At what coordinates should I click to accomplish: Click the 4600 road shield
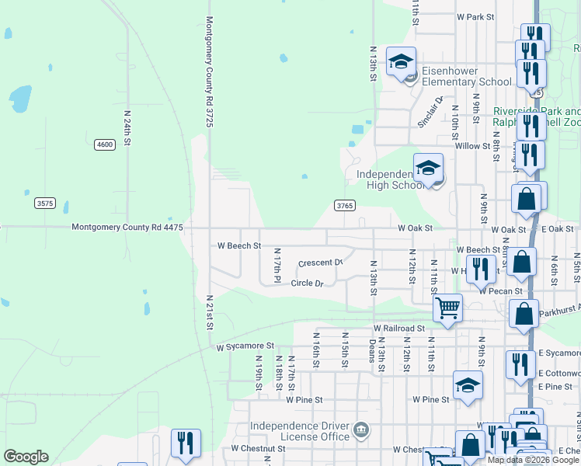(x=105, y=144)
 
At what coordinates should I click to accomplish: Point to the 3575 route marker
(x=45, y=203)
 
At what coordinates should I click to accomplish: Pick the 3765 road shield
(x=345, y=206)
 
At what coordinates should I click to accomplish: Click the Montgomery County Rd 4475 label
(x=127, y=228)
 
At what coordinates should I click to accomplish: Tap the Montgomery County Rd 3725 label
(x=209, y=73)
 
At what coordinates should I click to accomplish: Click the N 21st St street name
(x=209, y=311)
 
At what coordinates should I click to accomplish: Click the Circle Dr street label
(x=306, y=283)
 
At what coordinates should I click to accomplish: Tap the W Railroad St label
(x=399, y=329)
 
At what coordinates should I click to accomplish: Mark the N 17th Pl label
(x=276, y=264)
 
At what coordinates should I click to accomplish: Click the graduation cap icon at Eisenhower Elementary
(x=401, y=61)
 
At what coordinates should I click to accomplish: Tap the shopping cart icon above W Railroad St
(x=448, y=308)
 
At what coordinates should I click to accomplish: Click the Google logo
(x=26, y=457)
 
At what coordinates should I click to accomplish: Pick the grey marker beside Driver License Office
(x=360, y=429)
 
